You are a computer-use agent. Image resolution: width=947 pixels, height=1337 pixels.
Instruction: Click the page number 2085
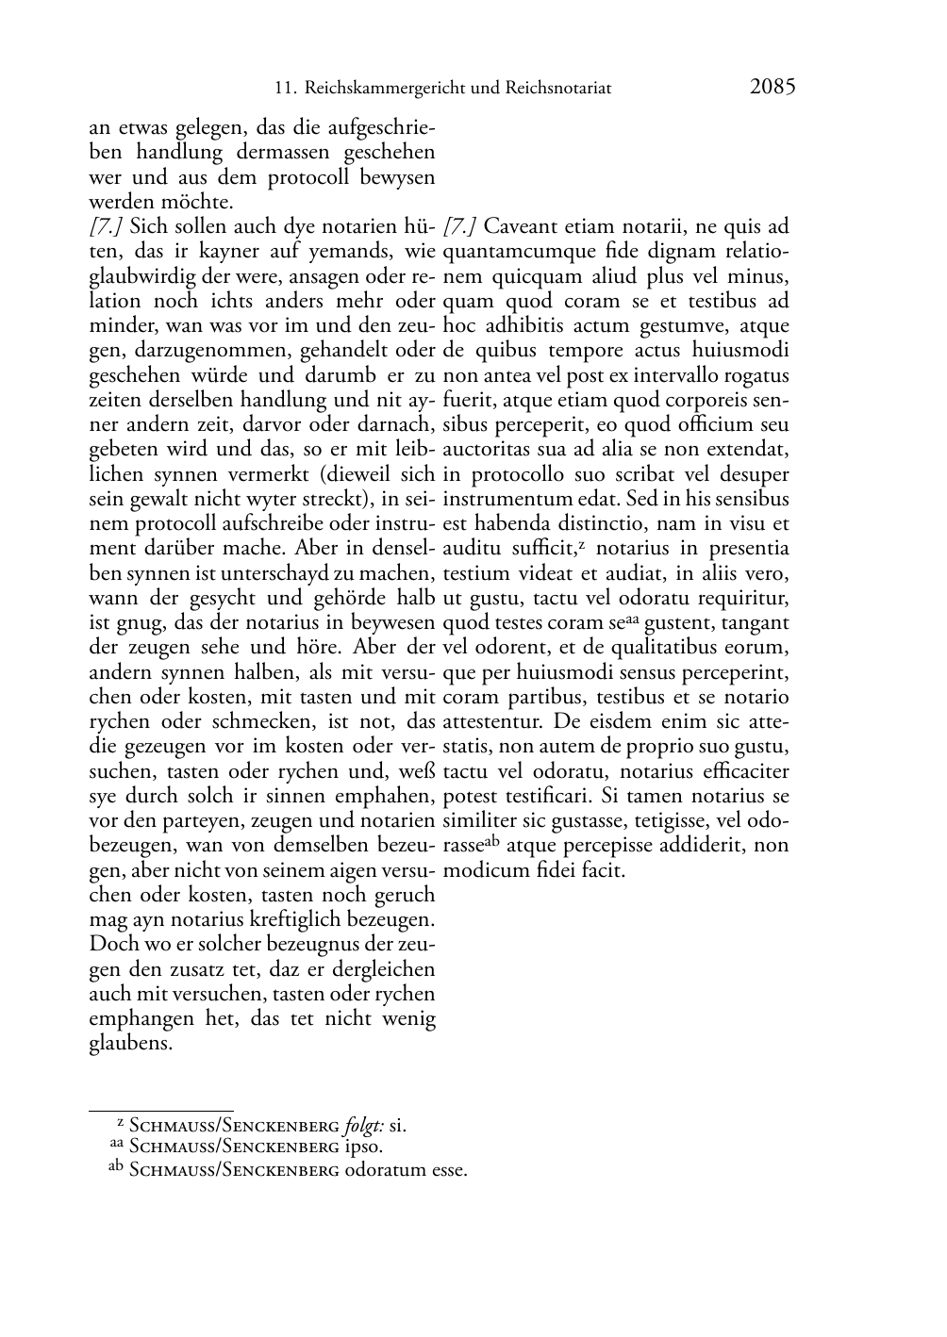773,87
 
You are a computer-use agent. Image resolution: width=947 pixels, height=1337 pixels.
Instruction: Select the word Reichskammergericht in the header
385,89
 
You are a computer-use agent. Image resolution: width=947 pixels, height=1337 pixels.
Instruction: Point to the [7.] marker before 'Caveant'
459,226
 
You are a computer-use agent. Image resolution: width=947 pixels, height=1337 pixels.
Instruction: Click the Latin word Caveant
519,226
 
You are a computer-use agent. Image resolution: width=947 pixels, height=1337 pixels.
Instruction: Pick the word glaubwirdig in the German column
139,276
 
